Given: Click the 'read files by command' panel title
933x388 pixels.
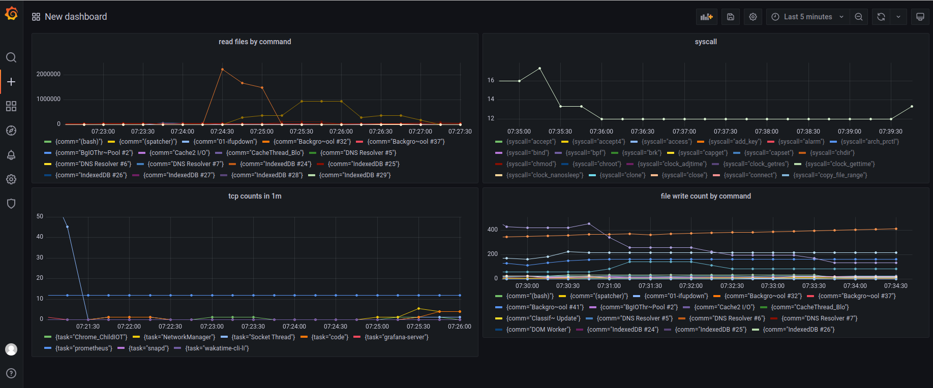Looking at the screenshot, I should click(255, 42).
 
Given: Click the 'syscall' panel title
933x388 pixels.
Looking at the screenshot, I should click(706, 42).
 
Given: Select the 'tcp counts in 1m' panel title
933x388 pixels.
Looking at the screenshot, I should click(255, 196).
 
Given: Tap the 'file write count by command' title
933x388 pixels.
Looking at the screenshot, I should click(706, 196).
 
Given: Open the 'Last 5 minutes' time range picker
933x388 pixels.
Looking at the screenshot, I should click(807, 17).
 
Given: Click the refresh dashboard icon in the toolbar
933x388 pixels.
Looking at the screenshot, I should click(881, 17).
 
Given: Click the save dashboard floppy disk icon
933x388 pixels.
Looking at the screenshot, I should click(731, 17).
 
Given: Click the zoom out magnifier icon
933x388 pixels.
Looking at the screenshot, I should click(859, 17).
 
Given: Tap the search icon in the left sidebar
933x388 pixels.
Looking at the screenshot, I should click(11, 57).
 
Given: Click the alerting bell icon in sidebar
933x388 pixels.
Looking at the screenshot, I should click(11, 155).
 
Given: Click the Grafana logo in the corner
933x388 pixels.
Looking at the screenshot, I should click(11, 14).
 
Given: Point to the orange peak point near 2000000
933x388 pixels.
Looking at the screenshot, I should click(222, 69).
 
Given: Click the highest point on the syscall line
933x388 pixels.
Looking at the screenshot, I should click(539, 68).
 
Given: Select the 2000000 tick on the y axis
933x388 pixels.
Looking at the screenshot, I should click(48, 74).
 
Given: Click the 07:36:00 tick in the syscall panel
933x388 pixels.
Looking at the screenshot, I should click(601, 132).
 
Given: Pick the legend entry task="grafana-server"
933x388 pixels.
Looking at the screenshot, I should click(396, 337).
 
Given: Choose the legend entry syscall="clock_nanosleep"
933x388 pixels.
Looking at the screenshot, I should click(545, 175).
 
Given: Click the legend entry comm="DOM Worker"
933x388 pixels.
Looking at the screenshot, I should click(538, 330).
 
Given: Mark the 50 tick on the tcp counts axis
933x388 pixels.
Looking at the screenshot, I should click(40, 216).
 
